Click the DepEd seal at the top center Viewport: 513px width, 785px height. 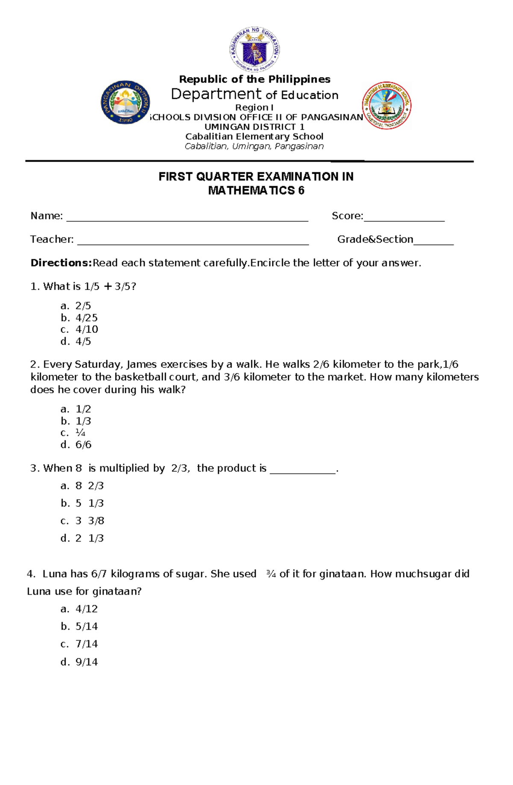[255, 50]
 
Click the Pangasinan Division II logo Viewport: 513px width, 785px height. [125, 102]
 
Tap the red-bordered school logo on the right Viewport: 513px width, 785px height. [386, 106]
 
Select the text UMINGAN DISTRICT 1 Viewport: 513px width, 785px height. [254, 127]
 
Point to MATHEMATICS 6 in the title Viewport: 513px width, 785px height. [256, 191]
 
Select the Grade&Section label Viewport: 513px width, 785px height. [375, 240]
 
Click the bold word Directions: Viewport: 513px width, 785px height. [61, 263]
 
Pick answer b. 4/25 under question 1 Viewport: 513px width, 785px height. [80, 318]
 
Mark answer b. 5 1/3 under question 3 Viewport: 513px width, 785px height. [83, 504]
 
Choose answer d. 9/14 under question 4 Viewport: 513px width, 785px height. [80, 662]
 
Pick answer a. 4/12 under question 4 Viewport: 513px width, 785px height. [80, 609]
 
